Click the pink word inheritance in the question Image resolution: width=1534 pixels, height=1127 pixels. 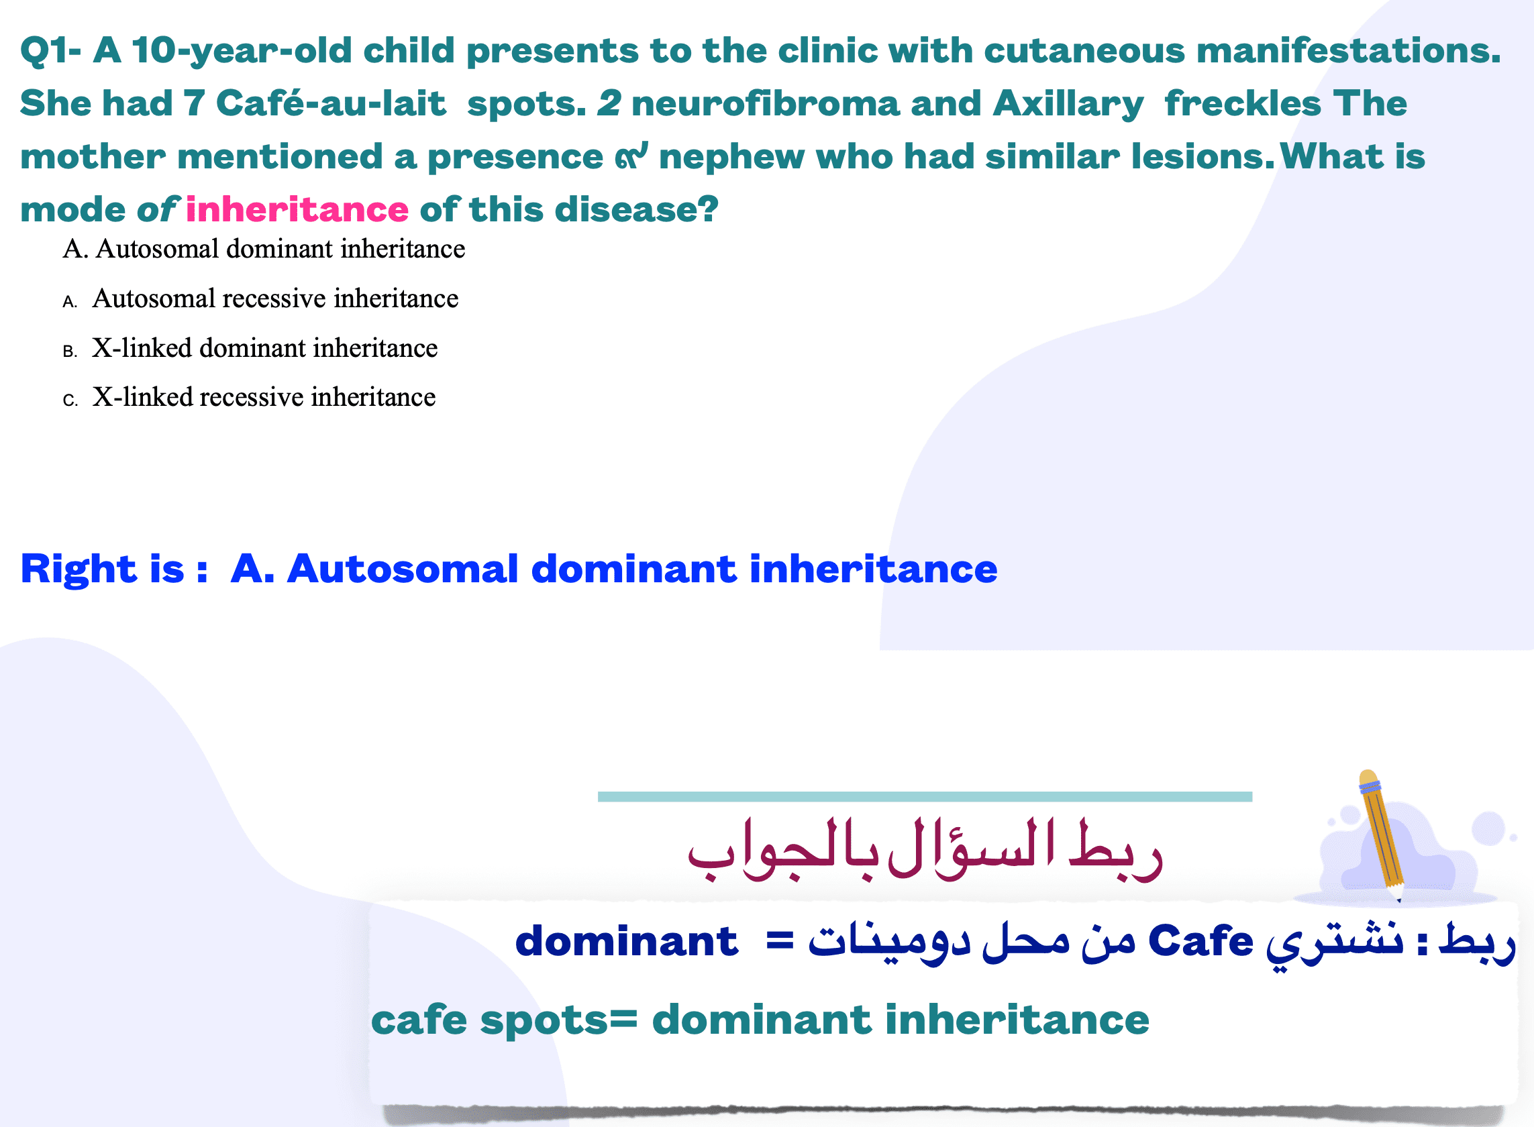pyautogui.click(x=297, y=209)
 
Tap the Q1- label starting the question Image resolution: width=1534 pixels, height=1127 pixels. pyautogui.click(x=50, y=51)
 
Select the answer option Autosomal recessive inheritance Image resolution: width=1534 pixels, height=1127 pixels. pyautogui.click(x=275, y=298)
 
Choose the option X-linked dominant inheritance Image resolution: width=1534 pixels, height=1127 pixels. pyautogui.click(x=265, y=348)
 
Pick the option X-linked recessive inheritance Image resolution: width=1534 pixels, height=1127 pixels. pyautogui.click(x=264, y=397)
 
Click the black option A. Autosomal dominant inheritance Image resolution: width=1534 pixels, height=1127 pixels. pyautogui.click(x=264, y=248)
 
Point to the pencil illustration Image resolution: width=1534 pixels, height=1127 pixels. pyautogui.click(x=1381, y=836)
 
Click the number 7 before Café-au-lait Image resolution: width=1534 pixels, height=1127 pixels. pyautogui.click(x=194, y=104)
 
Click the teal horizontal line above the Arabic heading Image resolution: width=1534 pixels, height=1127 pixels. pyautogui.click(x=925, y=797)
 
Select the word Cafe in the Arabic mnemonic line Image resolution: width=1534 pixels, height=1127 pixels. pyautogui.click(x=1201, y=941)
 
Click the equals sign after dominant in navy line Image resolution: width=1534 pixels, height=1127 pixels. pyautogui.click(x=780, y=942)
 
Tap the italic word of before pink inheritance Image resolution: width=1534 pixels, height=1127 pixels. pyautogui.click(x=158, y=209)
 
